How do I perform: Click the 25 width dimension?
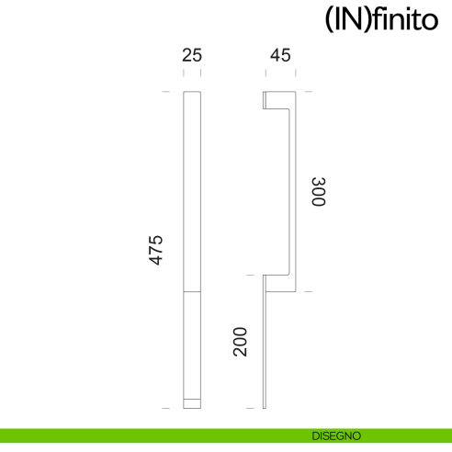192,55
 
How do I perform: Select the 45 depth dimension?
279,55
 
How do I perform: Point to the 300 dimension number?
318,191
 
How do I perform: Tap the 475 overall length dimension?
156,250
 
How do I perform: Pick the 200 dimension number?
241,341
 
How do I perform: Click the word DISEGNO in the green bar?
335,435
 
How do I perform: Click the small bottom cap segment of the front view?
192,402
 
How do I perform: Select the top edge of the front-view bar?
192,92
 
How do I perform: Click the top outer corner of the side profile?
291,93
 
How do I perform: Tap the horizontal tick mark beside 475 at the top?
166,92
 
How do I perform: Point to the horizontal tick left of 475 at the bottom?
166,407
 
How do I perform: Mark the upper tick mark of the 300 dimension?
308,92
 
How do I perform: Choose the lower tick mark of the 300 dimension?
308,291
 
